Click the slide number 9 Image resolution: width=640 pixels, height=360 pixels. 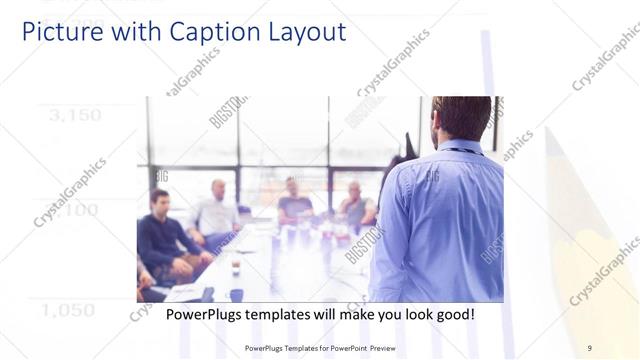click(589, 348)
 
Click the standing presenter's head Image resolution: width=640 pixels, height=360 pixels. click(461, 118)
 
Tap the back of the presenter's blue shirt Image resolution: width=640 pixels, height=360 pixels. click(440, 220)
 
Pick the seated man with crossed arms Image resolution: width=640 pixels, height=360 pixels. click(354, 204)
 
